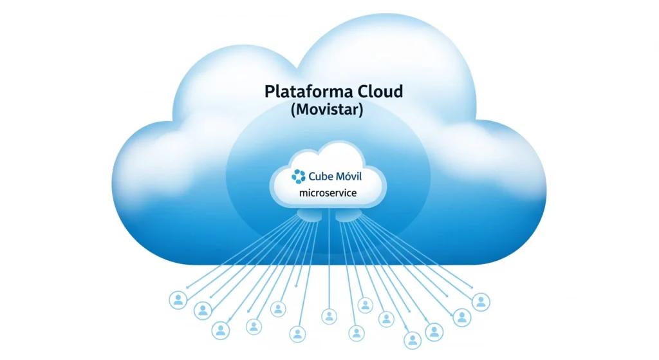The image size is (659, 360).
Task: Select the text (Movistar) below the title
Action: (x=327, y=109)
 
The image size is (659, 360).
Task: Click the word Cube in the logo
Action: (x=322, y=176)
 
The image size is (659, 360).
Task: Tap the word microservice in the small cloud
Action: (x=328, y=193)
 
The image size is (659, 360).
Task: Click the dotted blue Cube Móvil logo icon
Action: (x=299, y=176)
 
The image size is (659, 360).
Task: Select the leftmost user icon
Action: (x=178, y=299)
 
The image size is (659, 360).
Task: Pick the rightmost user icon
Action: (x=480, y=301)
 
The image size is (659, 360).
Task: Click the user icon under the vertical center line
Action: (x=329, y=316)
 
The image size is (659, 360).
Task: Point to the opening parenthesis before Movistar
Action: (x=293, y=110)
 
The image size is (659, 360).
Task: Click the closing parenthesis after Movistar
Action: (x=361, y=110)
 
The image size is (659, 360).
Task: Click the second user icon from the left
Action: (x=203, y=311)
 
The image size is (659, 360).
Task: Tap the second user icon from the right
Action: (x=461, y=316)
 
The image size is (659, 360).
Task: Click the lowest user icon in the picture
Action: (x=413, y=339)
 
